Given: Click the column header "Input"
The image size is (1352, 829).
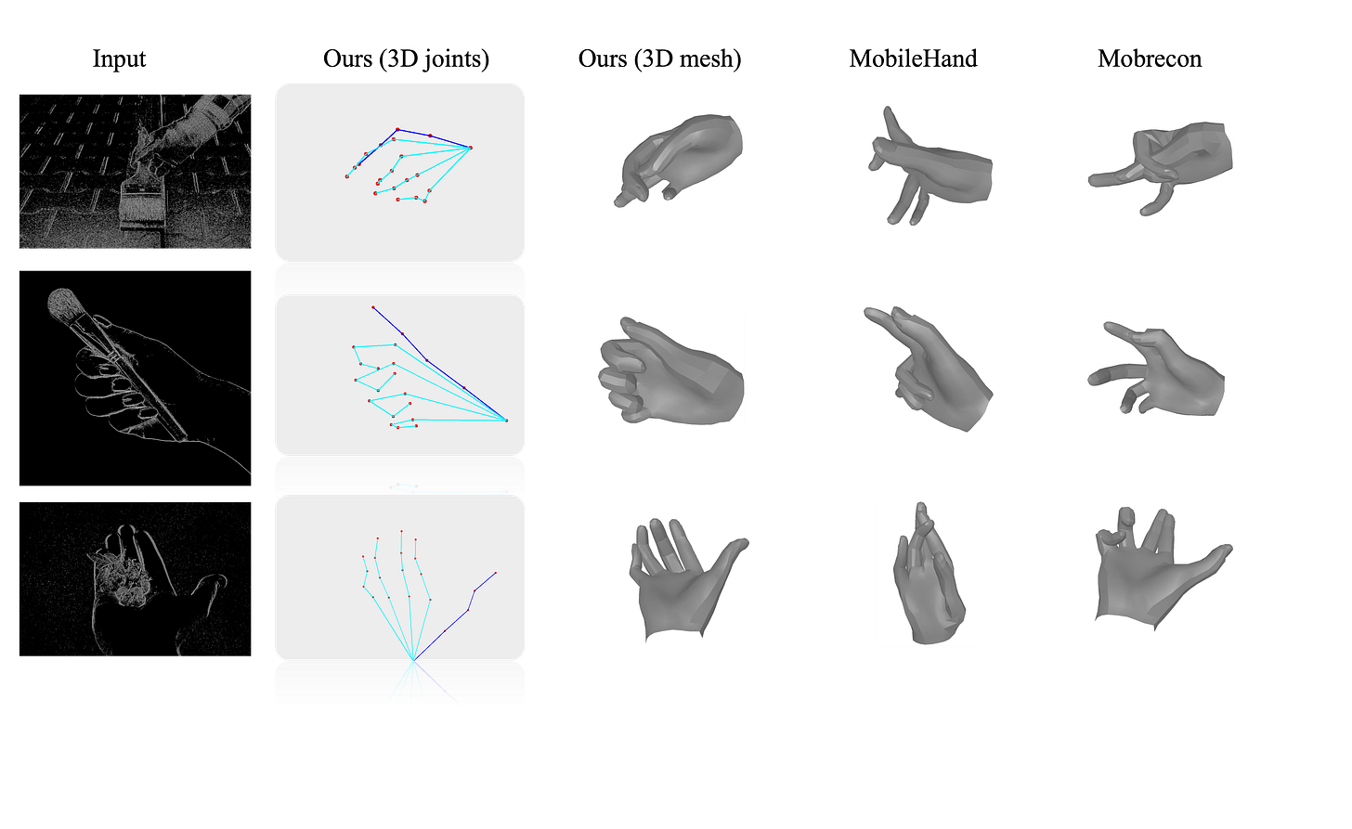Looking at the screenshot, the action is (119, 58).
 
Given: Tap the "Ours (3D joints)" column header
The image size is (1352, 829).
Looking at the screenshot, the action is (406, 58).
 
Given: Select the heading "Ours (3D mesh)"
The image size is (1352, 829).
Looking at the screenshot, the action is (659, 58).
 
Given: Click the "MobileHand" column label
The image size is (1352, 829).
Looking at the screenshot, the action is (913, 58).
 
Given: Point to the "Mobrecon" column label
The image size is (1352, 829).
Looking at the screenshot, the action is (1150, 58).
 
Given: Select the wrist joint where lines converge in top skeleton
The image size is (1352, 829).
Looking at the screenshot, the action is (470, 148).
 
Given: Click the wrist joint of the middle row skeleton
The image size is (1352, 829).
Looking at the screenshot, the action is (506, 421).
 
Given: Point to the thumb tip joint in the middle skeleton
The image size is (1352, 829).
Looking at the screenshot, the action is (373, 307).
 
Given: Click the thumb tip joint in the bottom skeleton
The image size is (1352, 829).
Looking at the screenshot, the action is (496, 573).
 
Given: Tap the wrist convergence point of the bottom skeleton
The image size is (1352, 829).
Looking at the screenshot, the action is (413, 661).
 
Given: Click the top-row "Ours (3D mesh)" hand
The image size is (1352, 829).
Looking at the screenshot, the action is (679, 160).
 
